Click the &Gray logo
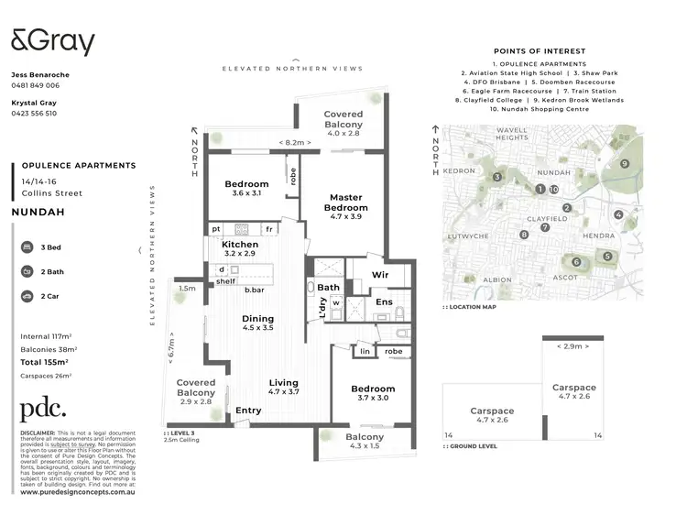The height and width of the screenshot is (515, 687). click(52, 43)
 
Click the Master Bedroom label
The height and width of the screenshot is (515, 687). click(345, 203)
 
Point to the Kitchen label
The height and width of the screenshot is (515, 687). click(240, 245)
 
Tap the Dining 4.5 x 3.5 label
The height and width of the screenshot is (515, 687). click(257, 323)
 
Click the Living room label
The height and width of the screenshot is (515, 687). click(283, 388)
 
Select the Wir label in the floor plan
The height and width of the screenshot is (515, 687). click(380, 274)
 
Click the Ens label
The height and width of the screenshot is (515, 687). click(385, 301)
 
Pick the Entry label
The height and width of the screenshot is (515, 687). click(247, 411)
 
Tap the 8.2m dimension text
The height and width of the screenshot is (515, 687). click(294, 142)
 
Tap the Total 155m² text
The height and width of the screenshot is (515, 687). click(45, 363)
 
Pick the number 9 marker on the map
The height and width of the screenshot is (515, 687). click(624, 164)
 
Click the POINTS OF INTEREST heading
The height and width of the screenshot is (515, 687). click(540, 51)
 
